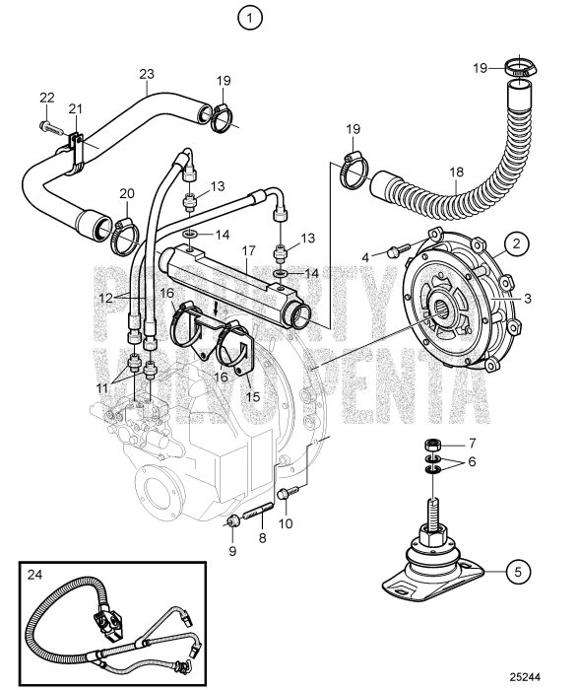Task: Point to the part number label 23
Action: tap(147, 74)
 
